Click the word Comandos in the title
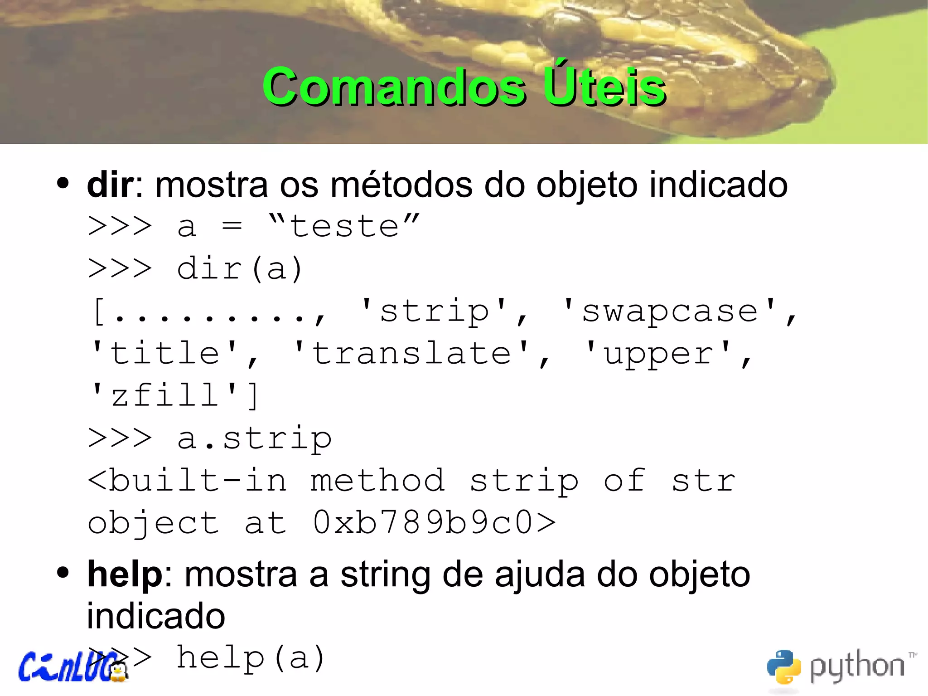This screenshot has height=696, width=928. pyautogui.click(x=394, y=87)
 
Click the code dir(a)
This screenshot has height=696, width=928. pyautogui.click(x=239, y=268)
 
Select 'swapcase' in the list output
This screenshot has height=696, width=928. pyautogui.click(x=670, y=311)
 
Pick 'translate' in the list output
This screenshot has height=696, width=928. pyautogui.click(x=411, y=353)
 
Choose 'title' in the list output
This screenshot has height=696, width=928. pyautogui.click(x=165, y=353)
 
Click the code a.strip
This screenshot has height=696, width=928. pyautogui.click(x=254, y=438)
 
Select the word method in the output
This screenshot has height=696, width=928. pyautogui.click(x=377, y=480)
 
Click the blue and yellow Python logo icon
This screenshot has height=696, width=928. pyautogui.click(x=783, y=667)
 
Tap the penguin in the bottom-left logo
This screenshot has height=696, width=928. pyautogui.click(x=119, y=672)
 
